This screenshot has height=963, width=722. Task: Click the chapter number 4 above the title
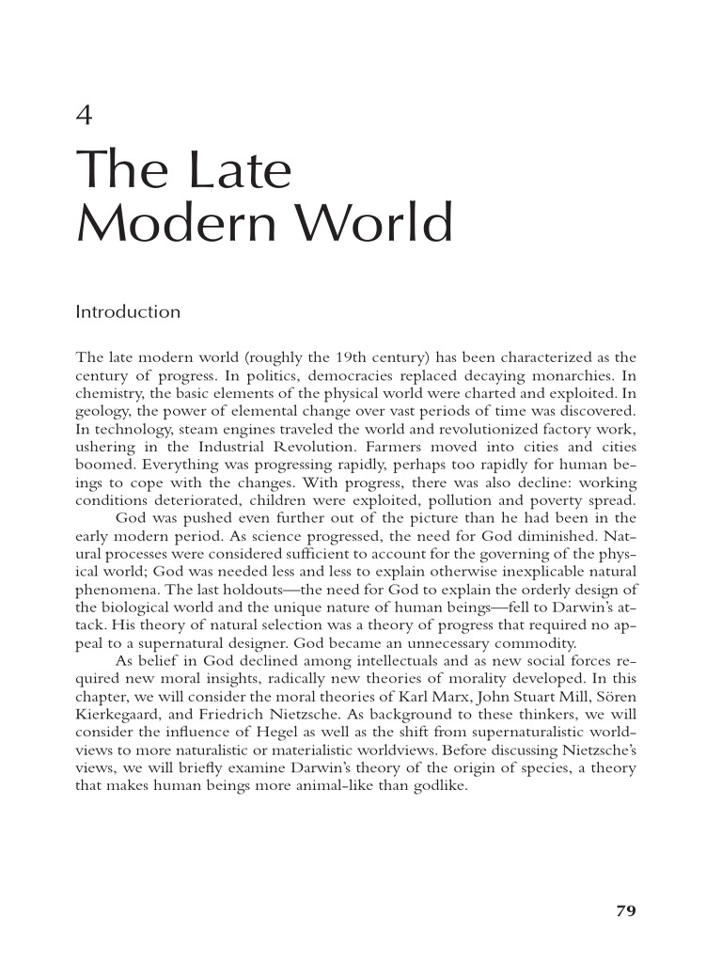click(x=84, y=117)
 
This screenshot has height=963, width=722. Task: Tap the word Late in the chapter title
click(x=240, y=172)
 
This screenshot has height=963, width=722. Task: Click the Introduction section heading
click(x=127, y=311)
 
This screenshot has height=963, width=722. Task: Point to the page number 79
click(x=626, y=910)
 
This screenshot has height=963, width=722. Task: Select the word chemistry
click(x=108, y=392)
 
